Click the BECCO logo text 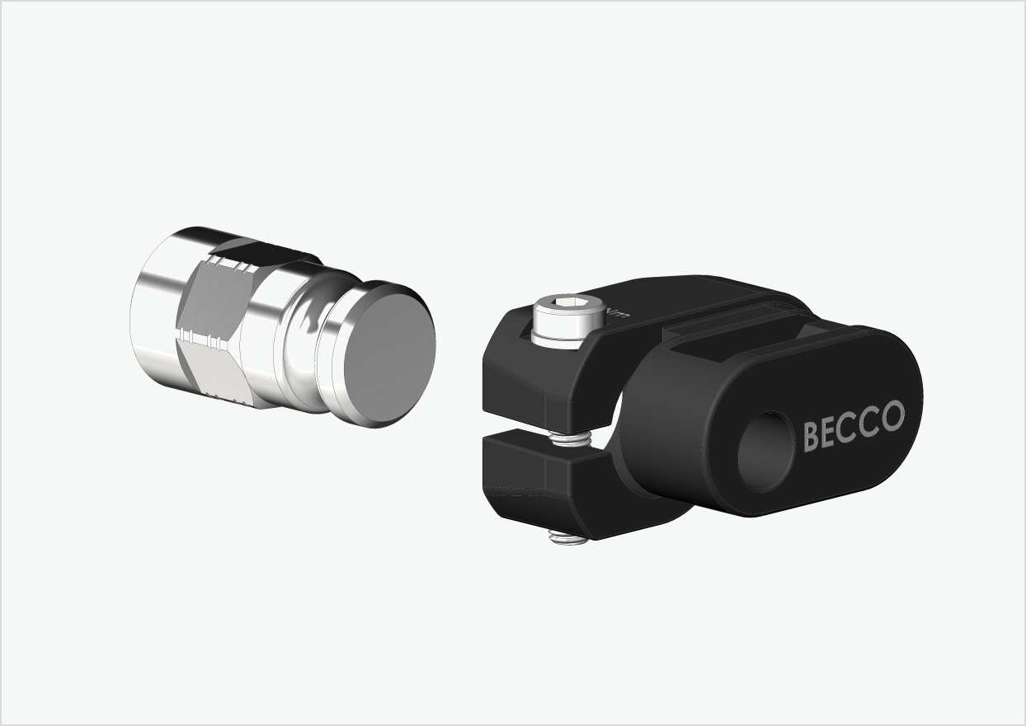coord(853,425)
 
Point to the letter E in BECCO coord(829,432)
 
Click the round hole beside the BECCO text coord(765,452)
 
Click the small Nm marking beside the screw coord(618,314)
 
